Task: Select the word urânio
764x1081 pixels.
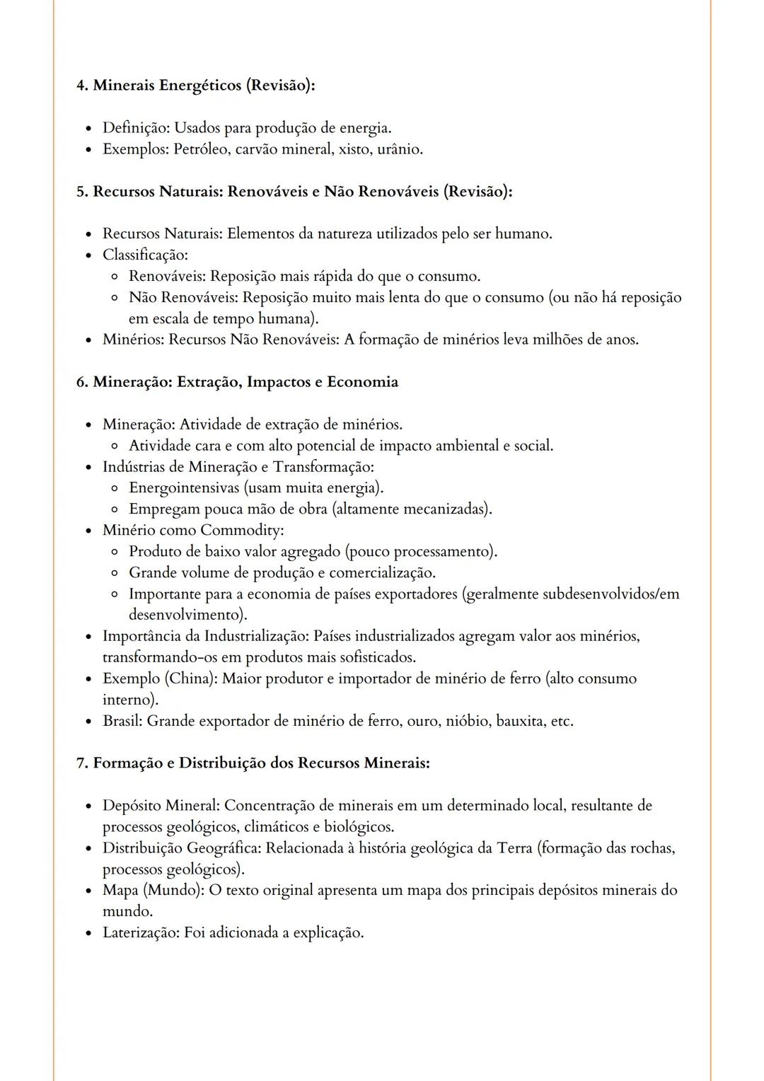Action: [x=400, y=149]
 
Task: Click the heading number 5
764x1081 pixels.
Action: [x=81, y=192]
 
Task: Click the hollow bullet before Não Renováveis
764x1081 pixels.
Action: [x=114, y=298]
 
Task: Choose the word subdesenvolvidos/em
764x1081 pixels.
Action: [x=610, y=594]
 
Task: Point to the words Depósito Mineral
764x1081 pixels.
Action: [x=161, y=805]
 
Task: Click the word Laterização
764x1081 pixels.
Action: [x=140, y=932]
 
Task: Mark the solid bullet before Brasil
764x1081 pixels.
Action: [x=88, y=722]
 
